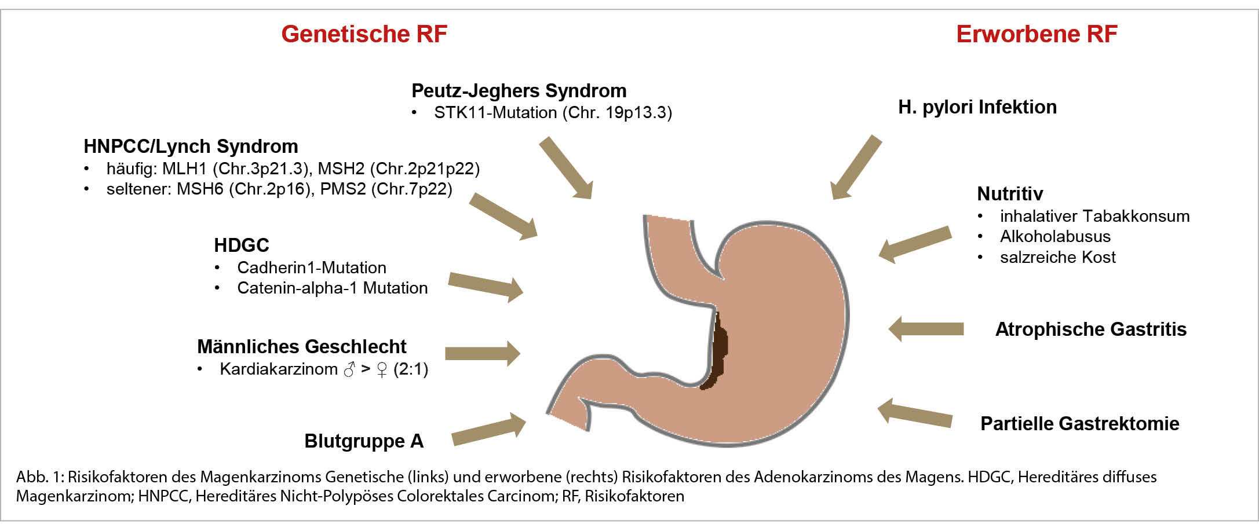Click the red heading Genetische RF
pos(364,34)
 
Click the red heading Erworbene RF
pos(1036,34)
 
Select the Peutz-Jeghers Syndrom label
pos(519,91)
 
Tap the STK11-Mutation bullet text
pos(553,112)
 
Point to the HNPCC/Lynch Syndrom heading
pos(191,146)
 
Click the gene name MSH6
pos(200,189)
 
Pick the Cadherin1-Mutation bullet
pos(311,268)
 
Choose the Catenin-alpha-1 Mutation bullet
pos(332,288)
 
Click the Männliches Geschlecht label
pos(301,346)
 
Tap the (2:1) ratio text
pos(410,369)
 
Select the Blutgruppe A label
pos(364,441)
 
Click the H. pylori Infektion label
pos(977,107)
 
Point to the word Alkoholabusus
pos(1054,236)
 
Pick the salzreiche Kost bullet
pos(1057,257)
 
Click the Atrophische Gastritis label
pos(1090,329)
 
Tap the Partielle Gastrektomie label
pos(1079,424)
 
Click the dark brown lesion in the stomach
pos(717,353)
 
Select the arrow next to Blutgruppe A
pos(488,430)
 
